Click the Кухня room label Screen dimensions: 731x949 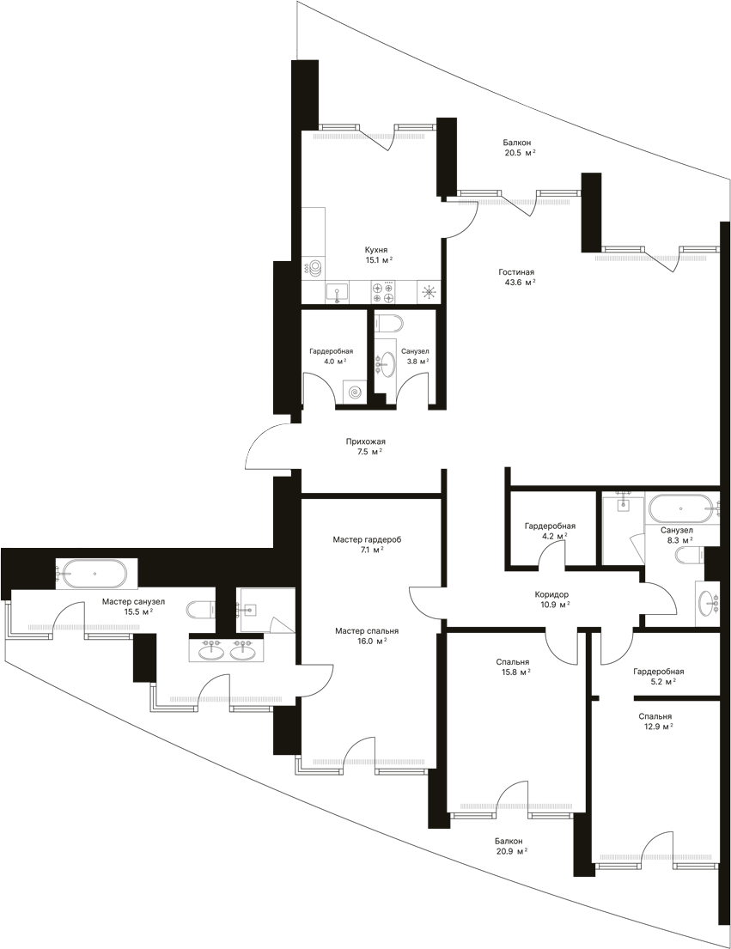pos(375,249)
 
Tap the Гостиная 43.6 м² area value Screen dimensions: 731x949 pos(520,282)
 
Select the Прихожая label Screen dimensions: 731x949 pos(366,441)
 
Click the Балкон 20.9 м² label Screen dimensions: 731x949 pos(510,846)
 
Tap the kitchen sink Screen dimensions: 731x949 pos(337,293)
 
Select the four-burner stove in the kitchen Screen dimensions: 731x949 pos(383,292)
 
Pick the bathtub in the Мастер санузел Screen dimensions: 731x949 pos(95,573)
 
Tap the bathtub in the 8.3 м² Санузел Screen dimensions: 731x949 pos(681,508)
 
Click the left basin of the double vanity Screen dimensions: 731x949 pos(210,651)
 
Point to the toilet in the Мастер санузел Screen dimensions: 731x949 pos(199,609)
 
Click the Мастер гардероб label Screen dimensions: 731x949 pos(368,539)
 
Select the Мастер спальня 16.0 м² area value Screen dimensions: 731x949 pos(371,641)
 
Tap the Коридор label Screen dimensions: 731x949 pos(551,594)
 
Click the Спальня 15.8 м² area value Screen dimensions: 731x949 pos(515,672)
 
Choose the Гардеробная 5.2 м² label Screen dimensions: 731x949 pos(658,676)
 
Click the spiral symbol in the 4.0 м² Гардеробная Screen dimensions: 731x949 pos(355,392)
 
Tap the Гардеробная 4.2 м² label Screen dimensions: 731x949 pos(550,531)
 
